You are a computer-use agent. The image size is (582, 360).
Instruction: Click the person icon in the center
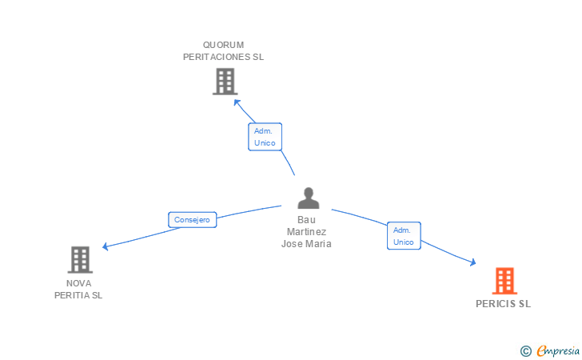pyautogui.click(x=308, y=198)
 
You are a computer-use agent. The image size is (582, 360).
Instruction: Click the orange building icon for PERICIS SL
pyautogui.click(x=504, y=281)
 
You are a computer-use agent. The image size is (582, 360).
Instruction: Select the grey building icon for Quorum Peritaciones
pyautogui.click(x=225, y=82)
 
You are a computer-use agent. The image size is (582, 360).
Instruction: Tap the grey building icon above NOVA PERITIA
pyautogui.click(x=79, y=259)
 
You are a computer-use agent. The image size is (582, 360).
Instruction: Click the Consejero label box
pyautogui.click(x=192, y=219)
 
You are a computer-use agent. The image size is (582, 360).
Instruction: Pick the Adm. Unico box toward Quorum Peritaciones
pyautogui.click(x=265, y=137)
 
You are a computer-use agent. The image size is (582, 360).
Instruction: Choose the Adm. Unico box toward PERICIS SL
pyautogui.click(x=404, y=236)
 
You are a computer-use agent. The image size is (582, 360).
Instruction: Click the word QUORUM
pyautogui.click(x=223, y=45)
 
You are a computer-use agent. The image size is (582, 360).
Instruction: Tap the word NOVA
pyautogui.click(x=78, y=283)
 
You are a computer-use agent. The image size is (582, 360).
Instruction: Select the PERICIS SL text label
pyautogui.click(x=503, y=304)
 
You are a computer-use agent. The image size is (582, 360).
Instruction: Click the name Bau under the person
pyautogui.click(x=306, y=220)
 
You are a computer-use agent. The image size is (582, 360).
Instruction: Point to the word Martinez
pyautogui.click(x=306, y=232)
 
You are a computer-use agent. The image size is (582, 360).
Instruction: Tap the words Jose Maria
pyautogui.click(x=306, y=244)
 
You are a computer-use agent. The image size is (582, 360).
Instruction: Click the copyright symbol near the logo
pyautogui.click(x=525, y=350)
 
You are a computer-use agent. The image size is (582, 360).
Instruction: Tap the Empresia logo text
pyautogui.click(x=558, y=350)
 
